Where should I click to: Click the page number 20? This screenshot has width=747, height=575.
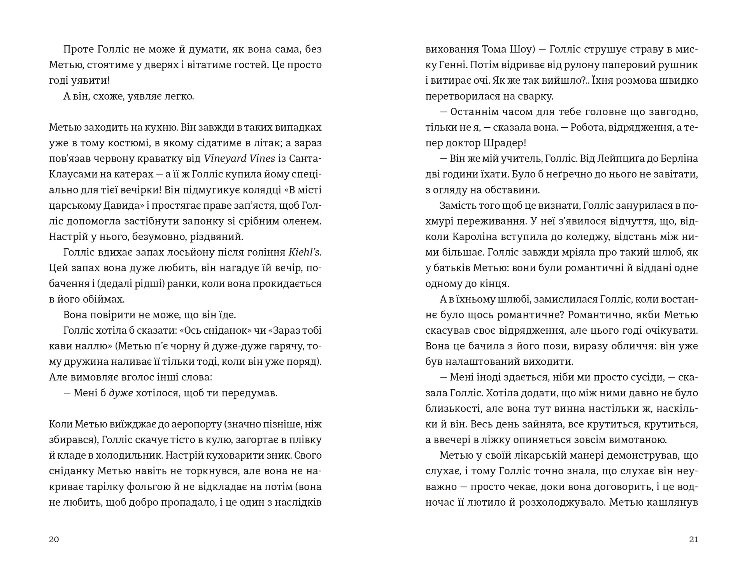(54, 539)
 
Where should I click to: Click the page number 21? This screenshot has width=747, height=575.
(693, 539)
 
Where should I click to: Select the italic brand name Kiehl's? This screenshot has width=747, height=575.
(305, 252)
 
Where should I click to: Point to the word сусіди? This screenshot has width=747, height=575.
(647, 377)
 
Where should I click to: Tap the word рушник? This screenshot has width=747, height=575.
(677, 65)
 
